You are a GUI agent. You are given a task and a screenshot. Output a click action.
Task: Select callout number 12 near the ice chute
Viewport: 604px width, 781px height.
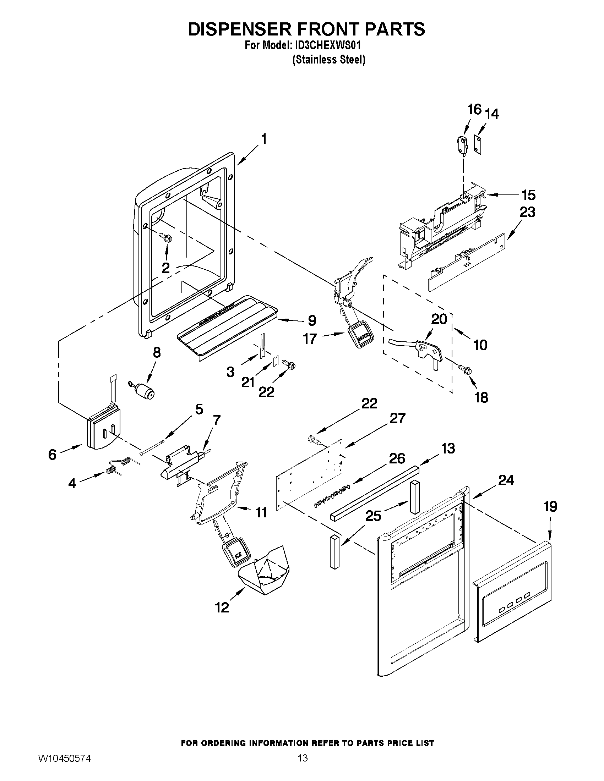(x=222, y=607)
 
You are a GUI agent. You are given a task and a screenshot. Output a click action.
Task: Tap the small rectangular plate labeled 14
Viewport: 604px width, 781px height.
(x=478, y=144)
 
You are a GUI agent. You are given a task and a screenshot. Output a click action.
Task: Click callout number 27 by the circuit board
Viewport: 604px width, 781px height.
(x=398, y=418)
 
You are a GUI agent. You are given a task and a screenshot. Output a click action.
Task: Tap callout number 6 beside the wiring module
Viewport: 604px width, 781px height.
(x=52, y=454)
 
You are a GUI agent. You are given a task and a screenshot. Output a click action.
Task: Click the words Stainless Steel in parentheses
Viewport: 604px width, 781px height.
(x=328, y=60)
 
